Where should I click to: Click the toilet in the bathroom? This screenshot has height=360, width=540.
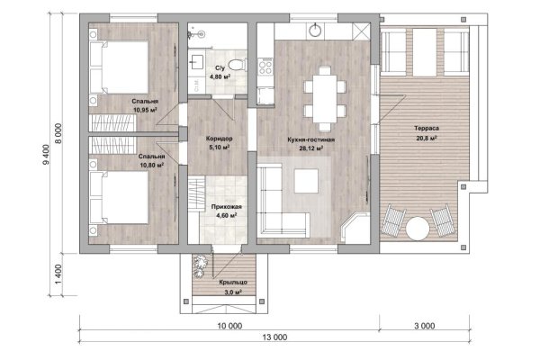[x=238, y=65]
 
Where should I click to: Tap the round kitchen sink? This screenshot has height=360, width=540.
[x=315, y=31]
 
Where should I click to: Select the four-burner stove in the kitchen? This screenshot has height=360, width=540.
[x=265, y=67]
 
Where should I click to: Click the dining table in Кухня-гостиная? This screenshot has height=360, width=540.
[x=325, y=99]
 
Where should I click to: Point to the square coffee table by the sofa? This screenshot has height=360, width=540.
[x=306, y=181]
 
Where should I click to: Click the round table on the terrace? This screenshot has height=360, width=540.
[x=418, y=228]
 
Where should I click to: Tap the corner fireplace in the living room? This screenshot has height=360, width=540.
[x=355, y=228]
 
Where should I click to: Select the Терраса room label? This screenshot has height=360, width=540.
[x=427, y=129]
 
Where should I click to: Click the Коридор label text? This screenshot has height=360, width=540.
[x=219, y=139]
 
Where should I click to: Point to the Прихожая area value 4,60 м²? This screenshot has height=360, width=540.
[x=226, y=216]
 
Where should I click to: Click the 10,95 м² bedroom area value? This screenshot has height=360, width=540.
[x=145, y=110]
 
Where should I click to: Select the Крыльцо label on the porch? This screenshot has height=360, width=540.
[x=233, y=282]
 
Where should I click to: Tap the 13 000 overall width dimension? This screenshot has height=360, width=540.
[x=274, y=337]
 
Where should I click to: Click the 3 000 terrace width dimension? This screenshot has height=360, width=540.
[x=424, y=326]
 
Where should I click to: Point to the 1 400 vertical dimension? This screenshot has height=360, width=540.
[x=58, y=274]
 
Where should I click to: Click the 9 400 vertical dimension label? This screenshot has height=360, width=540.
[x=46, y=154]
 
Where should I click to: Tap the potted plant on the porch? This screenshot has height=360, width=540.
[x=200, y=265]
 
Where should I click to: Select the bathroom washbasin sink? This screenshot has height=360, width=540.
[x=197, y=62]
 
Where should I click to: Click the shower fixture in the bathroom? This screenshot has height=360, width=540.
[x=196, y=34]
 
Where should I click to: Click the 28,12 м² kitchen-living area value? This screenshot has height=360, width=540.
[x=311, y=148]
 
